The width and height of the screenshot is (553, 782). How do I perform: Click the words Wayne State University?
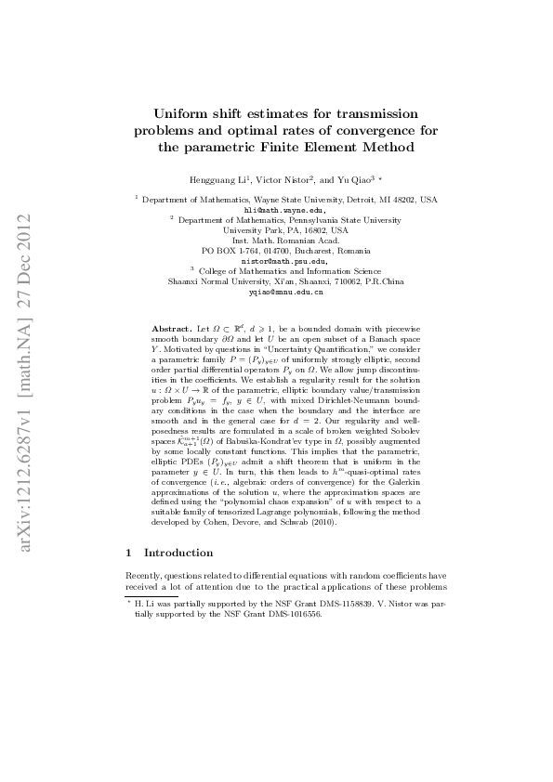tap(277, 200)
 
